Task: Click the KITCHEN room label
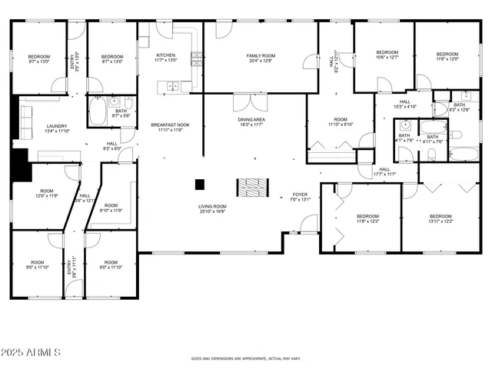click(166, 56)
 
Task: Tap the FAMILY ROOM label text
click(261, 56)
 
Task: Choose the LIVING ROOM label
click(212, 207)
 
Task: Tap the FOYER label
click(300, 195)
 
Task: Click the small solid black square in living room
click(200, 184)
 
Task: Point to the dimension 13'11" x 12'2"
click(440, 221)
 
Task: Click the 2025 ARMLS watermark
click(31, 352)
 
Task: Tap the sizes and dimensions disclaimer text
click(245, 358)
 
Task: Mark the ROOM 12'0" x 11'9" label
click(47, 193)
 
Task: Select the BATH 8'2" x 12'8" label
click(459, 107)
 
